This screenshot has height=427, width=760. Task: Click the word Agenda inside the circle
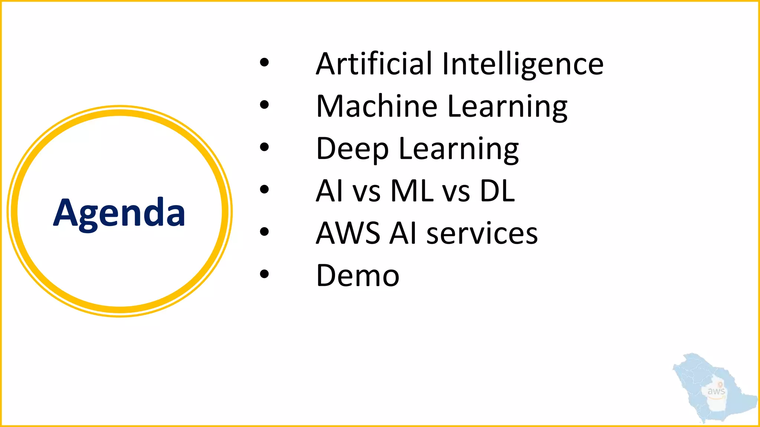point(119,212)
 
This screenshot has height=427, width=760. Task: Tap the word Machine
point(377,106)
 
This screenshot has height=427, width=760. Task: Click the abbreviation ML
point(412,191)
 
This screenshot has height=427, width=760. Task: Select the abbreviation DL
point(497,191)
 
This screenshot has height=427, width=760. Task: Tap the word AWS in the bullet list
point(348,233)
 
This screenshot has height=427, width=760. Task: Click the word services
point(482,234)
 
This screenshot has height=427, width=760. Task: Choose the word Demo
point(358,276)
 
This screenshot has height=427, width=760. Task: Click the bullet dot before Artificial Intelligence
point(264,63)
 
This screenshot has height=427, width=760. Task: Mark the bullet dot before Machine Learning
point(264,105)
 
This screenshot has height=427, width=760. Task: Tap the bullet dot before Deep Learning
point(264,147)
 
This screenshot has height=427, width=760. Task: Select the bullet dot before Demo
point(264,274)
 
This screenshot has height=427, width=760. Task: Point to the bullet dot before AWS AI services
point(264,232)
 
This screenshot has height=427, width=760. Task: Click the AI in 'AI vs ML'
point(329,191)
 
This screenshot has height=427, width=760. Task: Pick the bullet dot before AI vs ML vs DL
point(264,189)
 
